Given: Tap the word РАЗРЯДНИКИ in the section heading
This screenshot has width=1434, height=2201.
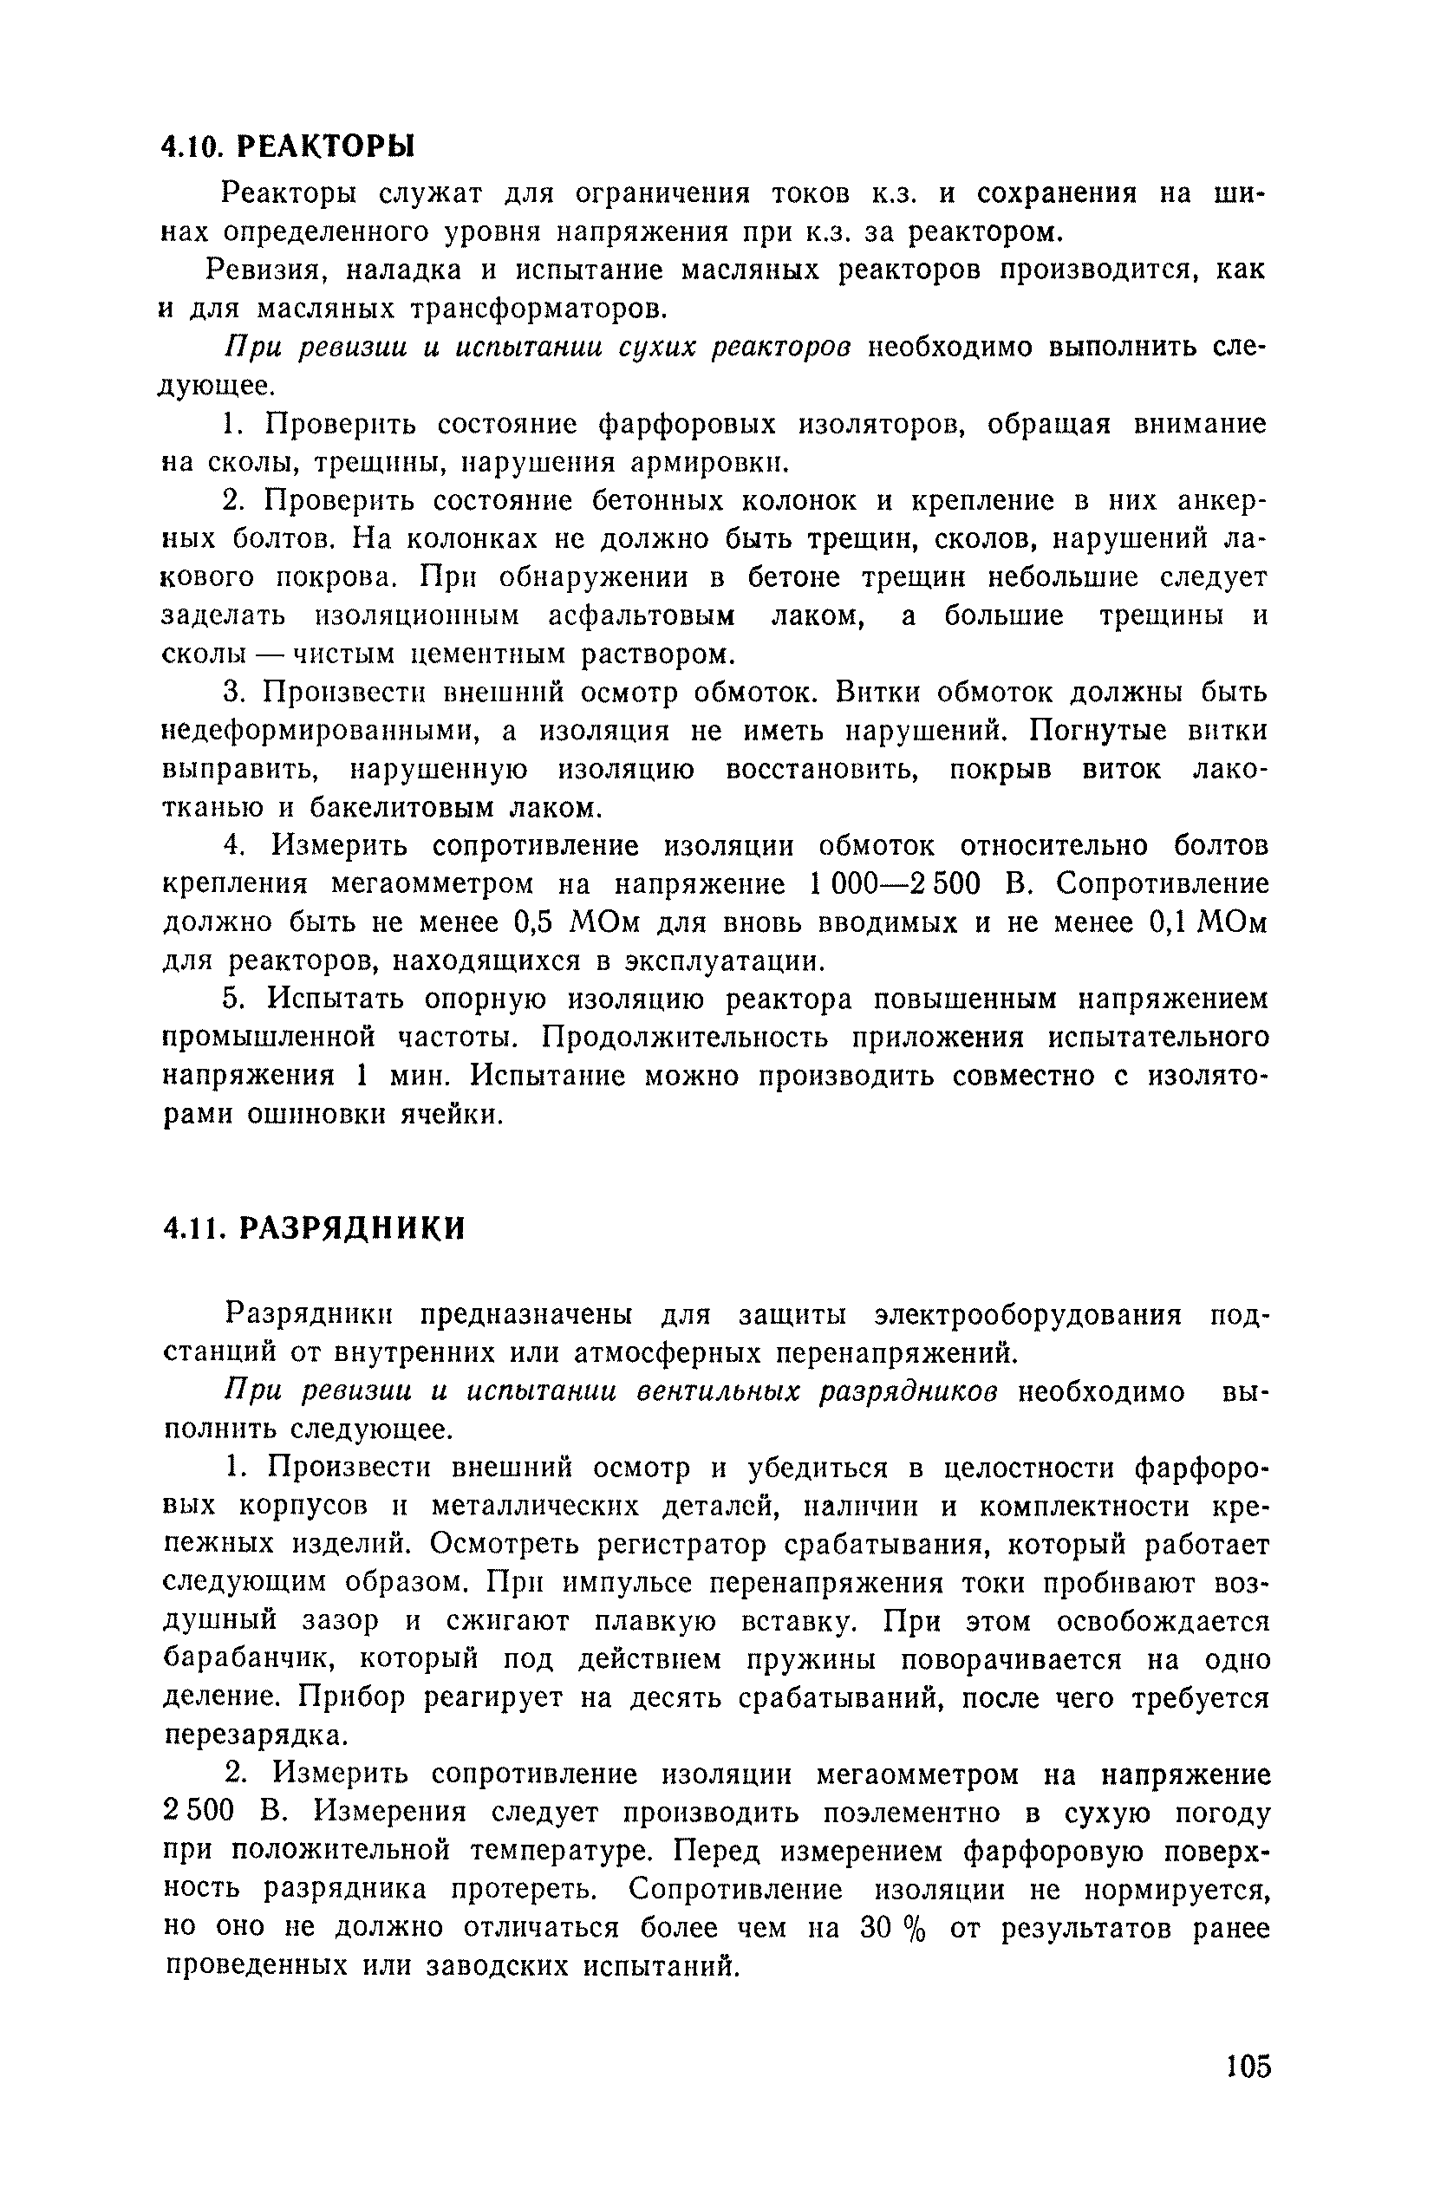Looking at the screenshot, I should (350, 1228).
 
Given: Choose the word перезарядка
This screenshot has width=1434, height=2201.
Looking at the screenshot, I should (257, 1735).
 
